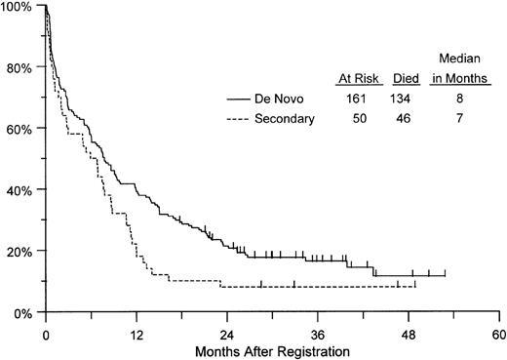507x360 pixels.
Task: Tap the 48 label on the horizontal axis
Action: click(x=409, y=331)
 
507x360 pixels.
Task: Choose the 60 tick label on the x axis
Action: click(x=498, y=331)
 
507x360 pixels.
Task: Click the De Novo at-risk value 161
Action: click(x=357, y=100)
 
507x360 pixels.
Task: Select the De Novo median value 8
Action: click(x=456, y=100)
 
